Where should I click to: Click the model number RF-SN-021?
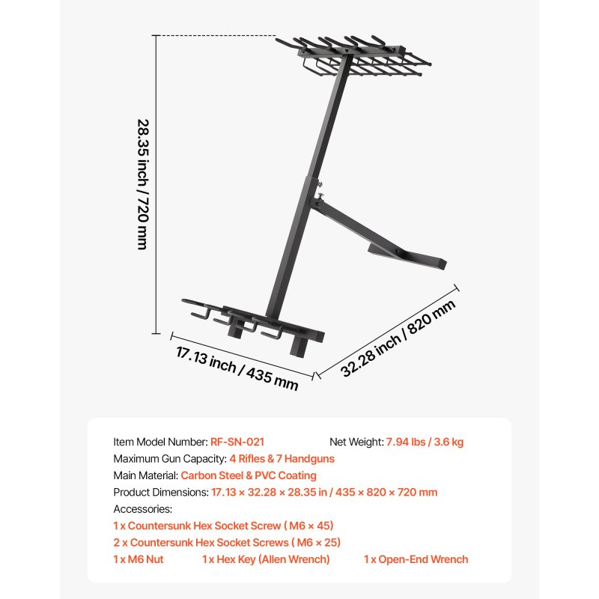[x=237, y=442]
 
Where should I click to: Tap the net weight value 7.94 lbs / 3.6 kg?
[x=425, y=442]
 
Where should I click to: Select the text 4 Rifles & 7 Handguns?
[x=282, y=459]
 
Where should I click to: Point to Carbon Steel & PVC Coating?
[x=249, y=475]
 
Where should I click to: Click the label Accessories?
[x=143, y=509]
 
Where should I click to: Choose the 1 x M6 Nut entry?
[x=139, y=559]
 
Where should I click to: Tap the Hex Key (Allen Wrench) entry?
[x=266, y=559]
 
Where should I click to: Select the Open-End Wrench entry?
[x=416, y=559]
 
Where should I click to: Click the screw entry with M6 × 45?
[x=223, y=526]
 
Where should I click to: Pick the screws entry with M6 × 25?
[x=227, y=542]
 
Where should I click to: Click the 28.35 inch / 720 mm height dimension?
[x=143, y=184]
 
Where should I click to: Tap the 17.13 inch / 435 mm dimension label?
[x=237, y=368]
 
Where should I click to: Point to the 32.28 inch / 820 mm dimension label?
[x=398, y=338]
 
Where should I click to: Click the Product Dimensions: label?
[x=161, y=493]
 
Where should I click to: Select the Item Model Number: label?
[x=160, y=442]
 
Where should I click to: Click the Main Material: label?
[x=146, y=475]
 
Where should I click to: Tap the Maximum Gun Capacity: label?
[x=170, y=459]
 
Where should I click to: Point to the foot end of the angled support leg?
[x=442, y=264]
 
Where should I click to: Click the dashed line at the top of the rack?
[x=216, y=35]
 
